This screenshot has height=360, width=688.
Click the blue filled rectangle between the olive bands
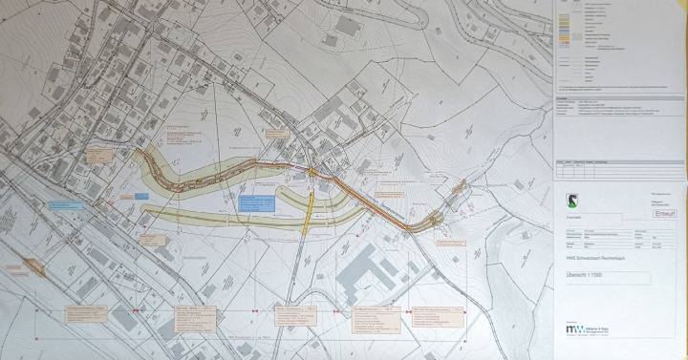tap(255, 203)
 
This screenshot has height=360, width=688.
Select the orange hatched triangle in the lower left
tap(32, 265)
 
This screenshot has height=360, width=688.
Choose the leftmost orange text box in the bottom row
tap(97, 315)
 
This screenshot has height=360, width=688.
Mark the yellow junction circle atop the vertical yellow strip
tap(312, 173)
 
